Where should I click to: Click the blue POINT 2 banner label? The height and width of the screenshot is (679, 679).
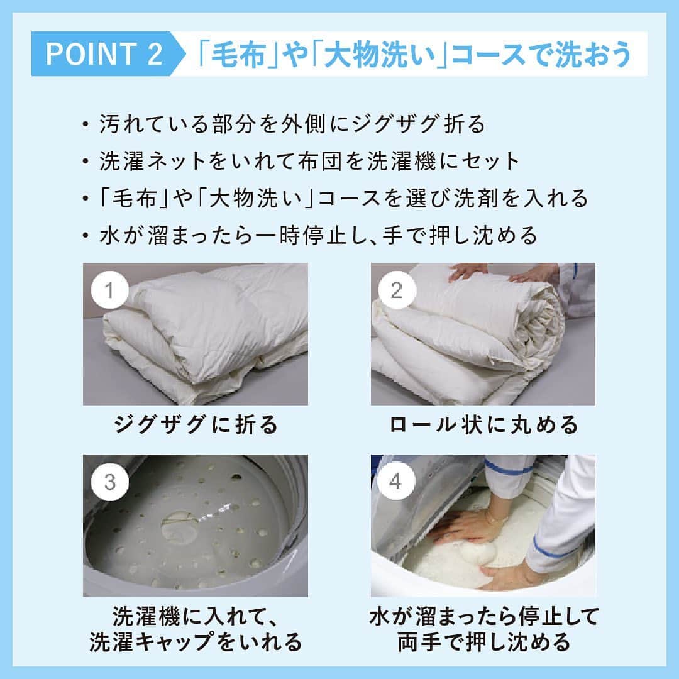pyautogui.click(x=104, y=53)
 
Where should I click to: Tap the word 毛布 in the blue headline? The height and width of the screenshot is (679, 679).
pyautogui.click(x=237, y=55)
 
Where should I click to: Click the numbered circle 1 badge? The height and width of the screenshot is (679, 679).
pyautogui.click(x=109, y=290)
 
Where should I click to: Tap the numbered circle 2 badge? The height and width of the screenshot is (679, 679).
pyautogui.click(x=397, y=290)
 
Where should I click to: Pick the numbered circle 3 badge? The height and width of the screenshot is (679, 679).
pyautogui.click(x=109, y=482)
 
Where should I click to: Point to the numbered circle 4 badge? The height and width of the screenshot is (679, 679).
pyautogui.click(x=396, y=481)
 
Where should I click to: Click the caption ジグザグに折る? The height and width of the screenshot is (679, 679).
pyautogui.click(x=196, y=424)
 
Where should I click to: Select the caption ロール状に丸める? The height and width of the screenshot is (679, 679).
pyautogui.click(x=483, y=424)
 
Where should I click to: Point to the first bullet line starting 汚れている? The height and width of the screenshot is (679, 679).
pyautogui.click(x=292, y=124)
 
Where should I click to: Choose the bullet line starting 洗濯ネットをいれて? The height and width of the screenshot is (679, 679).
pyautogui.click(x=309, y=161)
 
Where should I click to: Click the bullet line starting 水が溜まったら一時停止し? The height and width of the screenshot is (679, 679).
pyautogui.click(x=318, y=236)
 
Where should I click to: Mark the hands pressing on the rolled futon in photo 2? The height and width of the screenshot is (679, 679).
pyautogui.click(x=498, y=273)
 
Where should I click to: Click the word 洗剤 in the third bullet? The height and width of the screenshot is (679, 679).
pyautogui.click(x=477, y=198)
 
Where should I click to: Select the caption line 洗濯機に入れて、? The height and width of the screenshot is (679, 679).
pyautogui.click(x=196, y=616)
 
